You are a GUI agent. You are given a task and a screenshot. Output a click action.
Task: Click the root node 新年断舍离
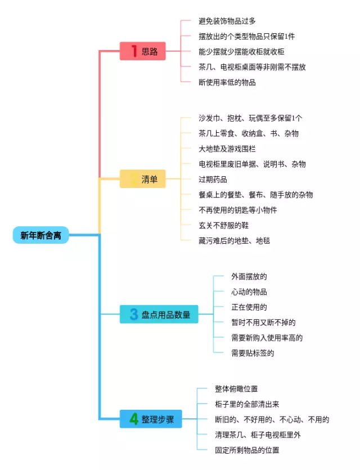(40, 235)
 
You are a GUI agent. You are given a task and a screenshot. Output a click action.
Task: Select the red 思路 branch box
(142, 51)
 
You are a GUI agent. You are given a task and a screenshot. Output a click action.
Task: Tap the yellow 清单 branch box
(142, 179)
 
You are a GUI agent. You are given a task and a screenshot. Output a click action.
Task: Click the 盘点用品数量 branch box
(159, 314)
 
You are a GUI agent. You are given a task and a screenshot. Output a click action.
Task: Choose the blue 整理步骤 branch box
(151, 419)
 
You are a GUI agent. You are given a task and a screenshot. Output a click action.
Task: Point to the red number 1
(134, 51)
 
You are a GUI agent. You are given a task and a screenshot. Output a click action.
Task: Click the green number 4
(133, 419)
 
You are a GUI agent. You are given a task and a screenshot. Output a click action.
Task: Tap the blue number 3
(134, 314)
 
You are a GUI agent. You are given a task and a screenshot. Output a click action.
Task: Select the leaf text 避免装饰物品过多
(227, 21)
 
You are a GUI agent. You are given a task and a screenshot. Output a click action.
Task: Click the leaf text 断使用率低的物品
(227, 82)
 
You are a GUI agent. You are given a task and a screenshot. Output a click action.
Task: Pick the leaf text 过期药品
(213, 180)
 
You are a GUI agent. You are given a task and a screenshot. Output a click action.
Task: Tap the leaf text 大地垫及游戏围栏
(227, 149)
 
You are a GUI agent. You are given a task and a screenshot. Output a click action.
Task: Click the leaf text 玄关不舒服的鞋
(223, 225)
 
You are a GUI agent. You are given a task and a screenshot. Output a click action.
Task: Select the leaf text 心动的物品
(249, 292)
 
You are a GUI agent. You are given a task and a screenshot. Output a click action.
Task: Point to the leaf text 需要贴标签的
(253, 353)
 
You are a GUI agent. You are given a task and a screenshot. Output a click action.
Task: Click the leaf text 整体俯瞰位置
(236, 389)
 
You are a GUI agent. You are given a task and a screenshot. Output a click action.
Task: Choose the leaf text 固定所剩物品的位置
(247, 450)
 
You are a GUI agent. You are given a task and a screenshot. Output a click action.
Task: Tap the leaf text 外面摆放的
(249, 276)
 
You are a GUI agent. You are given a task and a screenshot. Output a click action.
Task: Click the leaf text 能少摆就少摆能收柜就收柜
(241, 52)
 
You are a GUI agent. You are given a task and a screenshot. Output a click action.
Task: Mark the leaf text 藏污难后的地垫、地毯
(234, 241)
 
